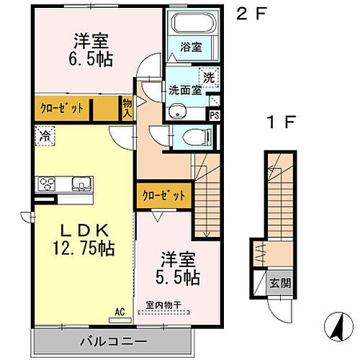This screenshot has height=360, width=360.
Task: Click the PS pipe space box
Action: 214,114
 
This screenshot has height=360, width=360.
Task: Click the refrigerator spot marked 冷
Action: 45,134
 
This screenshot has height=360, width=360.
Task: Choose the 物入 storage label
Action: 127,108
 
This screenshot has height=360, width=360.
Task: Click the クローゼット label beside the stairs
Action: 163,195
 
